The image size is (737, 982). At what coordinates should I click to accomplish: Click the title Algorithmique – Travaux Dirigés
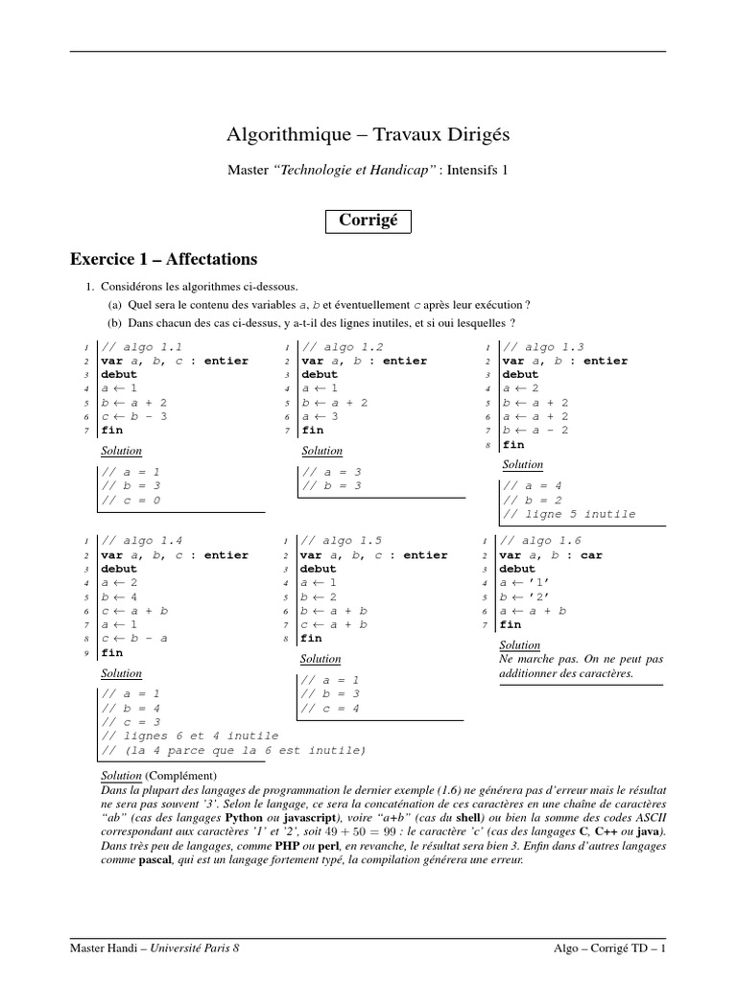[x=368, y=133]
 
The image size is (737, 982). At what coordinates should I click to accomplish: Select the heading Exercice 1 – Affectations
[x=164, y=259]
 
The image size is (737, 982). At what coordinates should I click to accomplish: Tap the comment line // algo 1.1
[x=141, y=347]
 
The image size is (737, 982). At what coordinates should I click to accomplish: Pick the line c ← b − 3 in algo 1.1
[x=134, y=416]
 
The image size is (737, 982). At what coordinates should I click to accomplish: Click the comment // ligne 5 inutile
[x=568, y=514]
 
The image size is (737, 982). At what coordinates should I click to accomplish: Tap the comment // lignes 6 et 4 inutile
[x=189, y=736]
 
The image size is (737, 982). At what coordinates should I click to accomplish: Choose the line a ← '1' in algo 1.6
[x=525, y=583]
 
